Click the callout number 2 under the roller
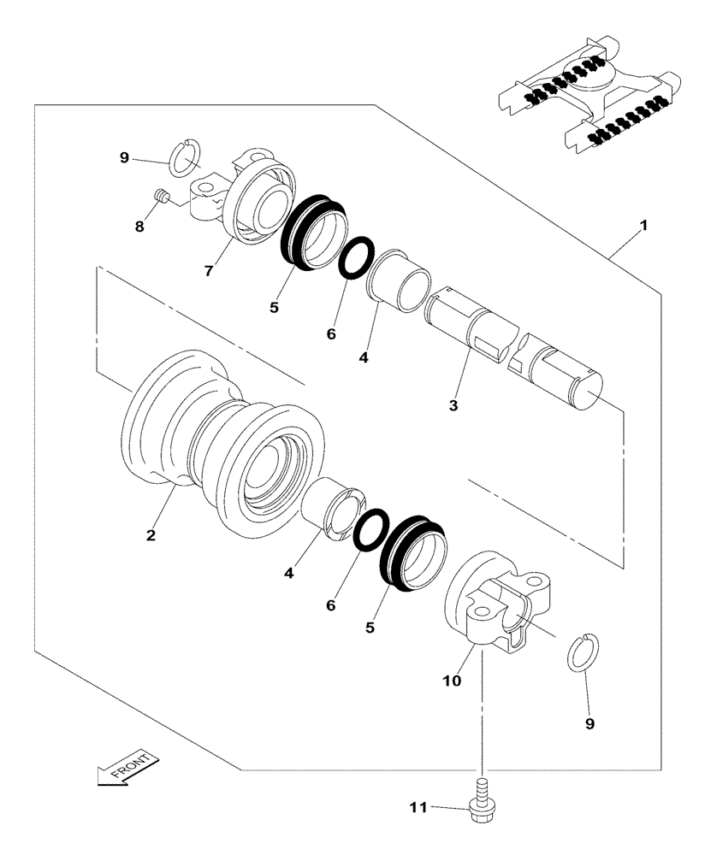pyautogui.click(x=151, y=535)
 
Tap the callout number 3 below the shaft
pyautogui.click(x=453, y=405)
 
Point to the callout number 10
pyautogui.click(x=452, y=681)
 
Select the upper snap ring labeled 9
pyautogui.click(x=185, y=156)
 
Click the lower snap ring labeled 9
pyautogui.click(x=587, y=651)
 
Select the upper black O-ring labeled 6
pyautogui.click(x=356, y=256)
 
